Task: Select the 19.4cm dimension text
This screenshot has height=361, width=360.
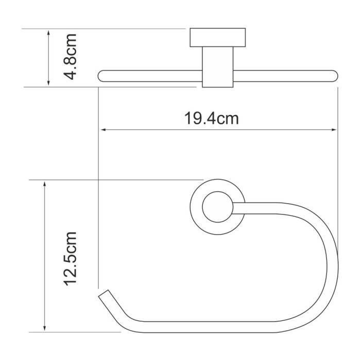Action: tap(212, 119)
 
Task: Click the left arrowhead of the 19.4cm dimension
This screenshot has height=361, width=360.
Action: tap(102, 130)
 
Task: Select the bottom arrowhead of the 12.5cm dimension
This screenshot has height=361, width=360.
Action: tap(46, 329)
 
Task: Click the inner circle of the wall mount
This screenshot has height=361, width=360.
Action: tap(215, 208)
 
